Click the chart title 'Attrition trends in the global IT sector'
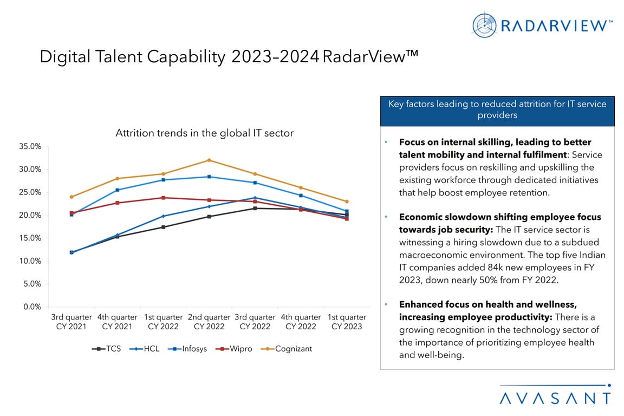(x=204, y=133)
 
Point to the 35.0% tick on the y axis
(x=30, y=146)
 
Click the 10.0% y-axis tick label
(x=30, y=261)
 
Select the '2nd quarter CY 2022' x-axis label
(x=209, y=322)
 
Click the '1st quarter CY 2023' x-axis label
(x=347, y=322)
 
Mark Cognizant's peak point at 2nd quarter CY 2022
(x=209, y=160)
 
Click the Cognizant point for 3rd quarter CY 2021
(x=71, y=197)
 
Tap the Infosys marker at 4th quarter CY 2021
(x=117, y=190)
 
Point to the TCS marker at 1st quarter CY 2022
(x=163, y=227)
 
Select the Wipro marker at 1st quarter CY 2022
(x=163, y=198)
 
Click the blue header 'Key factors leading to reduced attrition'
(x=497, y=109)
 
